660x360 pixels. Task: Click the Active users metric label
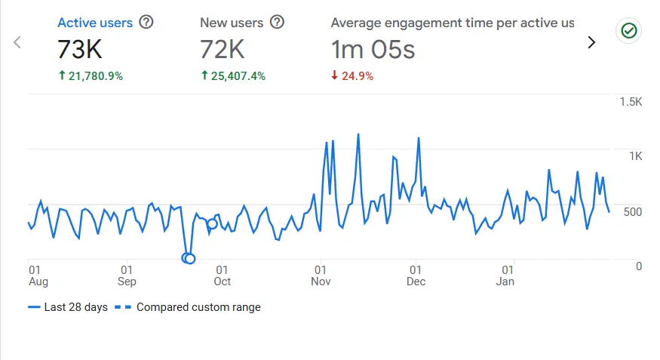pyautogui.click(x=95, y=23)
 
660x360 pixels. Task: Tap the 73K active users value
pyautogui.click(x=79, y=50)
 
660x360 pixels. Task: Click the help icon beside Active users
pyautogui.click(x=146, y=23)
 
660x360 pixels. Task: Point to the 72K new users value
pyautogui.click(x=223, y=50)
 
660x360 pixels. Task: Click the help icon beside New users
pyautogui.click(x=277, y=23)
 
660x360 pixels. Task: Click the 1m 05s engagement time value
pyautogui.click(x=373, y=50)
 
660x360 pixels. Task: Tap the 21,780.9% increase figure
pyautogui.click(x=91, y=75)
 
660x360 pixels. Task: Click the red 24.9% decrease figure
pyautogui.click(x=352, y=75)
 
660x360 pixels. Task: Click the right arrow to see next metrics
pyautogui.click(x=591, y=42)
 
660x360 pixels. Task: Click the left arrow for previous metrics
pyautogui.click(x=17, y=42)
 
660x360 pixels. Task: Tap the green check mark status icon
pyautogui.click(x=628, y=31)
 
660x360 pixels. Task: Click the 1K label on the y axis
pyautogui.click(x=635, y=156)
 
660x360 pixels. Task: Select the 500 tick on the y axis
pyautogui.click(x=632, y=211)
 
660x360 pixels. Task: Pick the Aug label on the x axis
pyautogui.click(x=38, y=282)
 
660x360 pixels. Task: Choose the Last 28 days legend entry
pyautogui.click(x=68, y=307)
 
